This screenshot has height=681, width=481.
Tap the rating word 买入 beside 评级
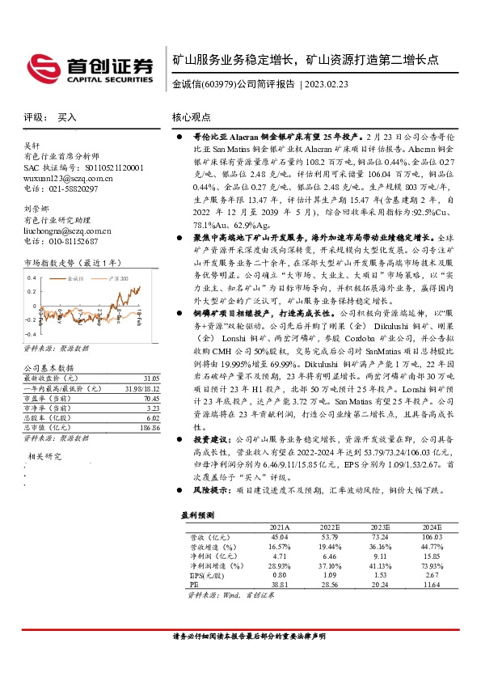67,117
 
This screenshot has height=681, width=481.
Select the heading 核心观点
192,117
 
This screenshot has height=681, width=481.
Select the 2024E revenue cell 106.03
433,535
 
